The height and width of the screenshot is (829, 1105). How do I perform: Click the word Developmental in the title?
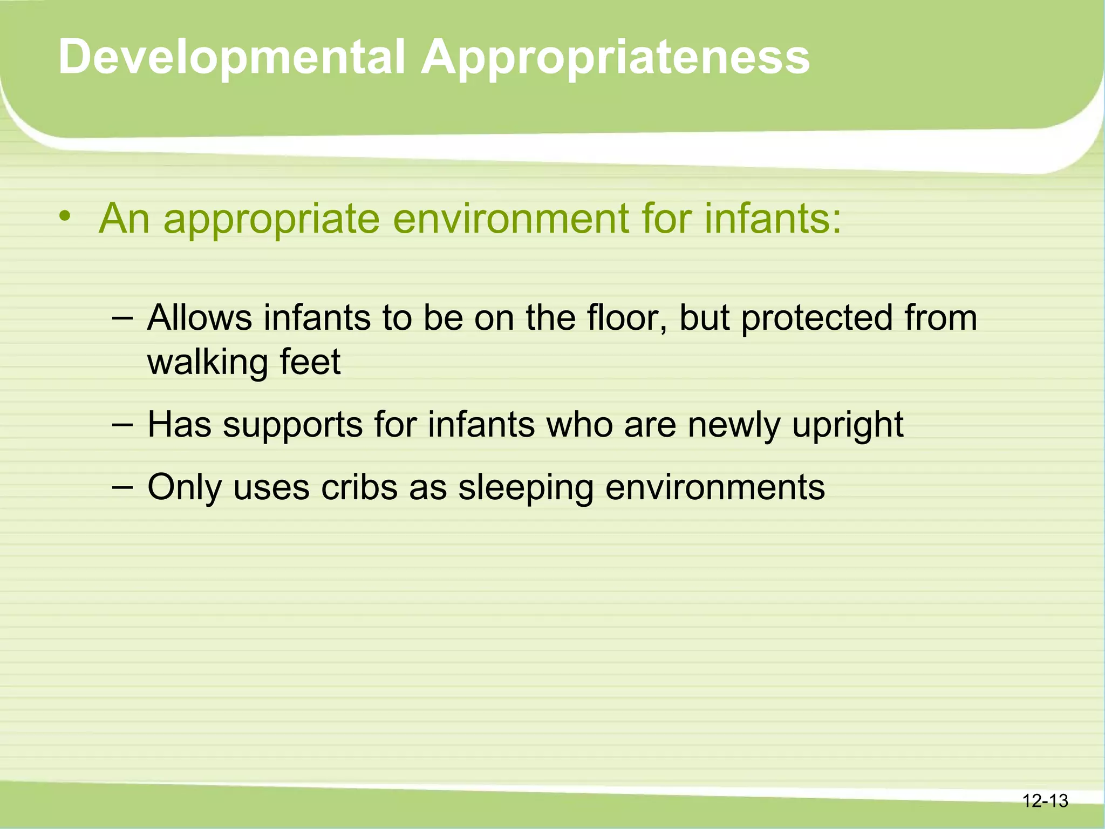(x=231, y=57)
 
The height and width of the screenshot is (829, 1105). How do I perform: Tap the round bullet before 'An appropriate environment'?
(x=65, y=217)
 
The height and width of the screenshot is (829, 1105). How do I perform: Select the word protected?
(x=816, y=318)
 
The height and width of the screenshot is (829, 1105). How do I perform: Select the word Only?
(x=184, y=488)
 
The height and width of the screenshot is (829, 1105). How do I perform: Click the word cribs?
(x=359, y=488)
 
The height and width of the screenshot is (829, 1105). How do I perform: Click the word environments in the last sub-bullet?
(x=715, y=488)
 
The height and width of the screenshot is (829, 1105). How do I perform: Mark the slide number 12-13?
(x=1045, y=800)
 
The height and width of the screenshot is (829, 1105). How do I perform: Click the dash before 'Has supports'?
(x=122, y=425)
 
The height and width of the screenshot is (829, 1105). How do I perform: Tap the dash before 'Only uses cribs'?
(x=122, y=487)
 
